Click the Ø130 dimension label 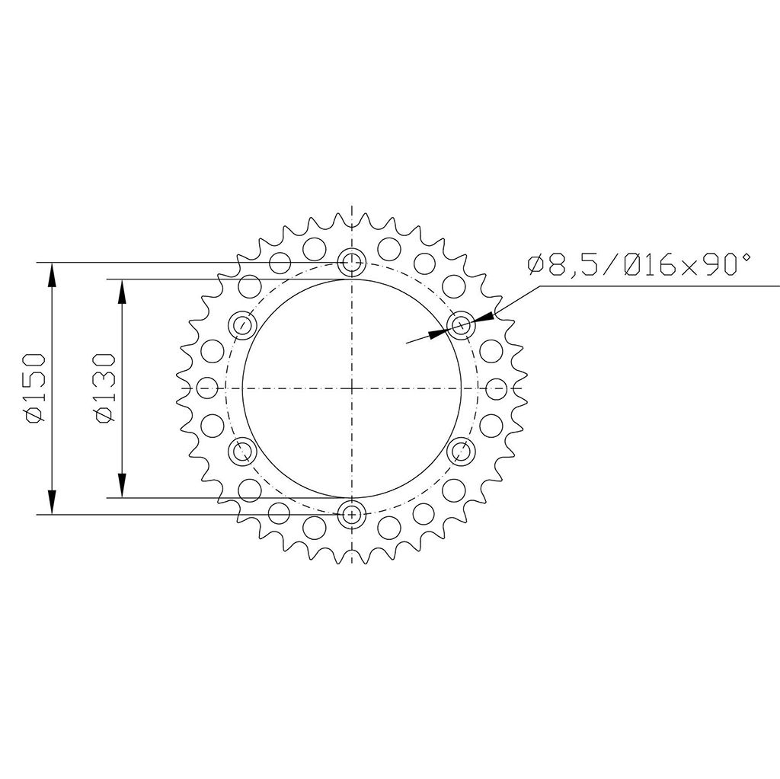(x=104, y=388)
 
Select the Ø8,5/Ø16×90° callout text (x=638, y=265)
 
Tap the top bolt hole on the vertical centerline (x=351, y=263)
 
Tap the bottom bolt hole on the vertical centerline (x=351, y=514)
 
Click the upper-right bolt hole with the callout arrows (x=460, y=326)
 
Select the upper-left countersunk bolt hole (x=242, y=326)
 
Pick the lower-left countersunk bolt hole (x=242, y=451)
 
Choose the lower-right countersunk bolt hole (x=460, y=451)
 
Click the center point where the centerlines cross (x=351, y=388)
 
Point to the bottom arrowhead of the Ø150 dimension (x=52, y=503)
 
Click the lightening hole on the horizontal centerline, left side (x=204, y=388)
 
